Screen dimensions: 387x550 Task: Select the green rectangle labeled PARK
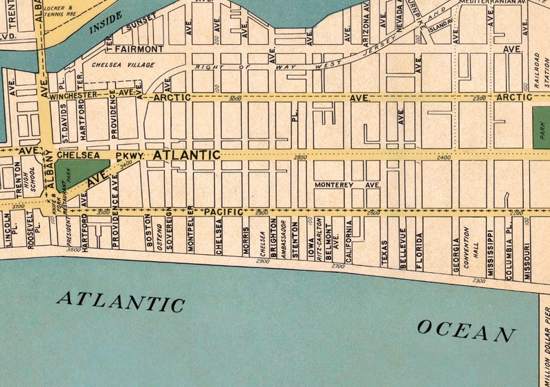(541, 127)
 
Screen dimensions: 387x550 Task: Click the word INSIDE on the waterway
(106, 23)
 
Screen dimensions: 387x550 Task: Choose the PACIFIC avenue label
(224, 211)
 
